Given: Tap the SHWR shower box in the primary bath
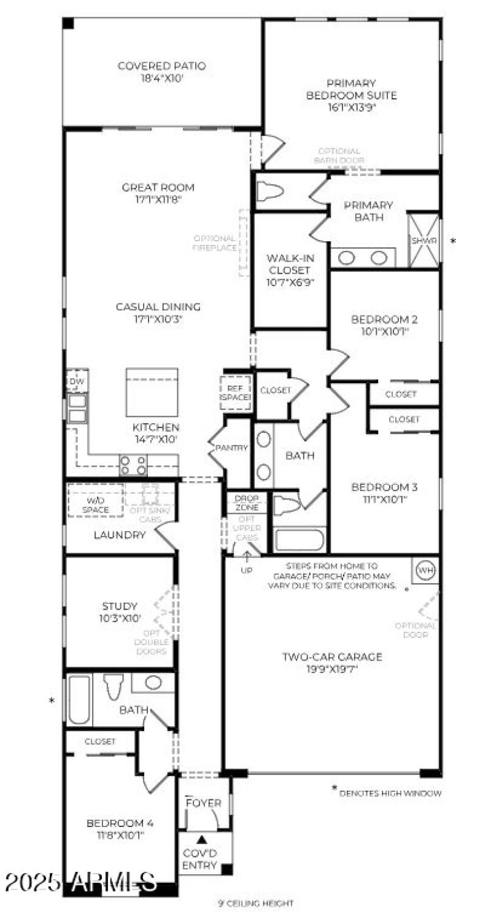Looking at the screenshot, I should click(x=424, y=241).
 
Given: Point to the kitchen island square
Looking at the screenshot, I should click(x=152, y=392).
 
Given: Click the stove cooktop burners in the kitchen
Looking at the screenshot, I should click(x=133, y=465).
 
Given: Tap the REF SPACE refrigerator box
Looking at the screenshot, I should click(x=236, y=393).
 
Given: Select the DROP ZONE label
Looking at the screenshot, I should click(x=247, y=503).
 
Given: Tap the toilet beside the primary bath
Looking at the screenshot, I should click(x=270, y=192).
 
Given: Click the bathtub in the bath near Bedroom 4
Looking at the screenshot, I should click(x=79, y=700).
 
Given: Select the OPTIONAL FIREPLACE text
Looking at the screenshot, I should click(x=214, y=243).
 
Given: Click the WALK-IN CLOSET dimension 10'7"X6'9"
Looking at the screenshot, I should click(x=289, y=282).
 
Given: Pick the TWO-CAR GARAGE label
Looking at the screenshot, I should click(x=332, y=657).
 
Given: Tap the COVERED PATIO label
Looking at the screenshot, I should click(x=161, y=66).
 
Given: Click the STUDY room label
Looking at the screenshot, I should click(x=120, y=606).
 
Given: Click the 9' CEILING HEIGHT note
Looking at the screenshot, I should click(x=255, y=903).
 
